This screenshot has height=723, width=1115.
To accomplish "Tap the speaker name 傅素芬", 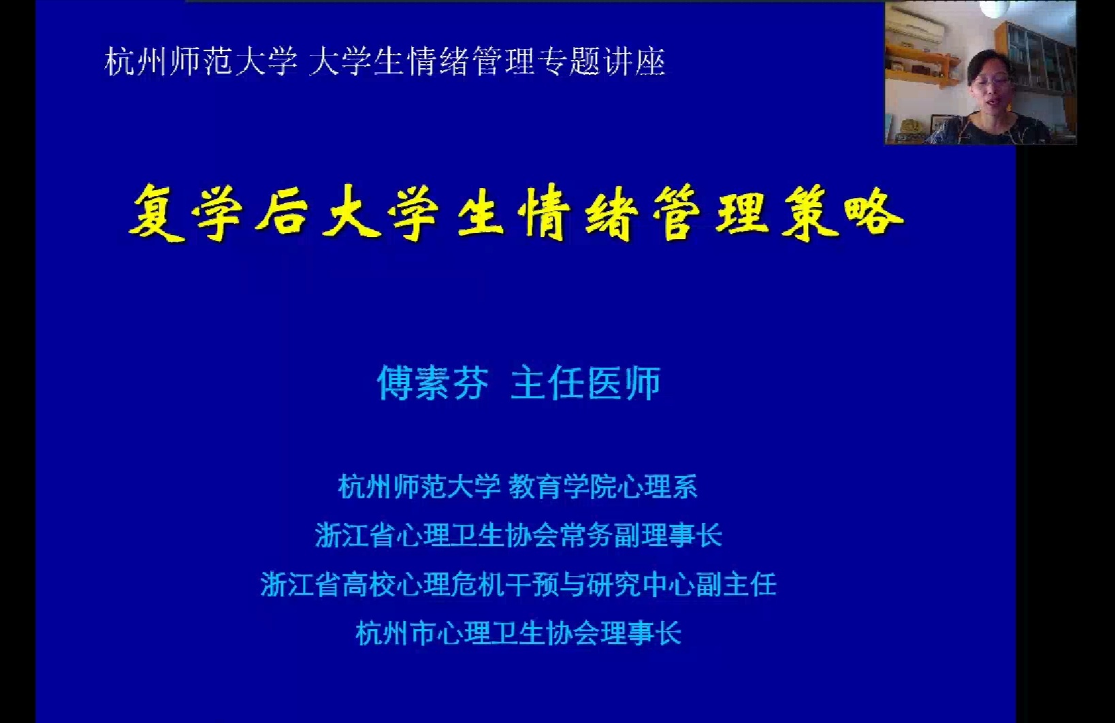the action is click(432, 383).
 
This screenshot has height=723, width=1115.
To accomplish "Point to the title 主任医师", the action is click(586, 383).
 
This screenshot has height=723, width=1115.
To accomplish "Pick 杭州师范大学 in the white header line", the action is click(201, 62).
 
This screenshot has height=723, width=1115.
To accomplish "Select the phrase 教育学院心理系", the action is click(603, 487).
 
